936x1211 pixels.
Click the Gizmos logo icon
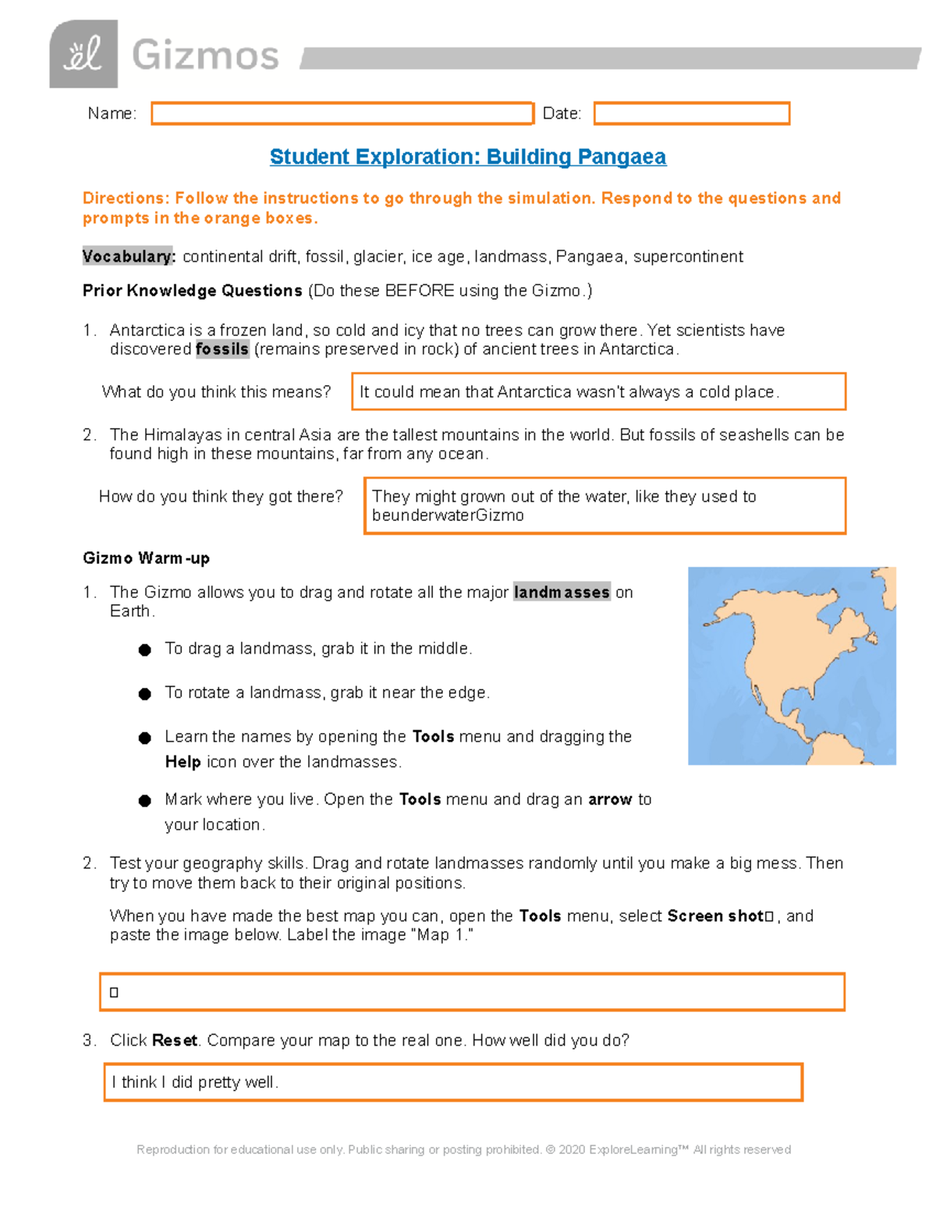point(83,55)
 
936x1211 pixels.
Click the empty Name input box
point(342,114)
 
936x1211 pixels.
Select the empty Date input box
point(691,114)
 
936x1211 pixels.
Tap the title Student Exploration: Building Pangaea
point(467,157)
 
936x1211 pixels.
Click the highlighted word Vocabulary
point(129,257)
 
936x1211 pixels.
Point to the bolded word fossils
point(222,349)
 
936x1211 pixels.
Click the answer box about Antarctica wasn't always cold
point(598,391)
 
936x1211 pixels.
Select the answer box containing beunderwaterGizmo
point(604,506)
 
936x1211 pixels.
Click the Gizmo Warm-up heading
point(146,558)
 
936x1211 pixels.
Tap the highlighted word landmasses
point(562,593)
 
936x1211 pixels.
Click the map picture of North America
point(791,665)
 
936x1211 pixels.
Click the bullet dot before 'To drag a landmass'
point(145,650)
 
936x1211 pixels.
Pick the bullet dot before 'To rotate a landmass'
point(145,694)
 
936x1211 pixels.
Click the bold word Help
point(183,762)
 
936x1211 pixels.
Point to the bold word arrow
point(609,799)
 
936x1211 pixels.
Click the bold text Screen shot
point(715,916)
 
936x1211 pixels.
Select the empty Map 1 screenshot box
point(472,992)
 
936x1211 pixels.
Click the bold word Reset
point(175,1040)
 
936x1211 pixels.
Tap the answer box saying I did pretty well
point(453,1082)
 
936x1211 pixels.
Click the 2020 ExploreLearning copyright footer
point(463,1149)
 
